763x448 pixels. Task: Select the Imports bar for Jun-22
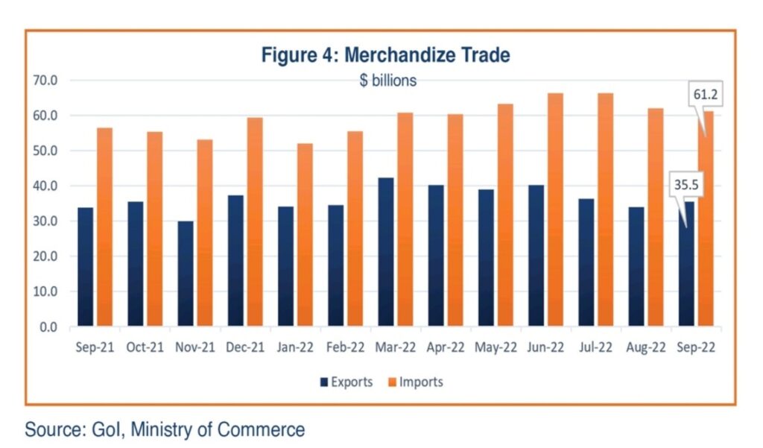coord(555,210)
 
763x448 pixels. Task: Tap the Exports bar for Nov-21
coord(185,274)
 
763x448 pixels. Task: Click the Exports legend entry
coord(346,382)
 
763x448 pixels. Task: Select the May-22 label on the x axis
coord(496,348)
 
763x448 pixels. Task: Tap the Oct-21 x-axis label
coord(145,348)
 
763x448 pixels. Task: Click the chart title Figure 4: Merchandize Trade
coord(385,55)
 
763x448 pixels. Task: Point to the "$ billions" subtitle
coord(387,81)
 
